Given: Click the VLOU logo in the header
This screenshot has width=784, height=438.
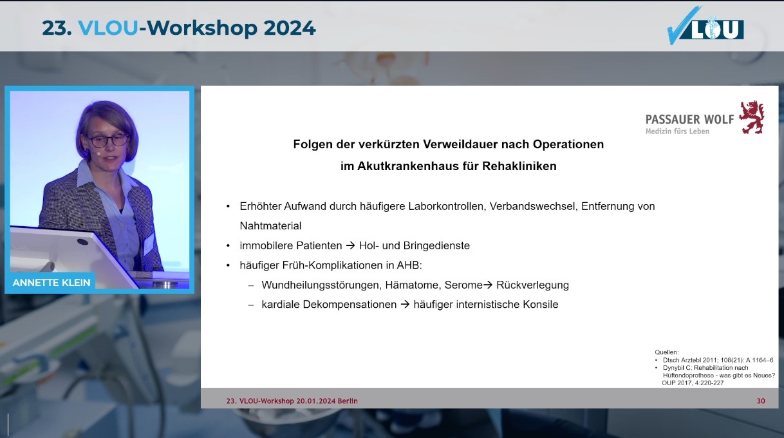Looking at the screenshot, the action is (x=705, y=26).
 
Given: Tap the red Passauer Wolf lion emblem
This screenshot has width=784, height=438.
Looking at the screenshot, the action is (x=752, y=117).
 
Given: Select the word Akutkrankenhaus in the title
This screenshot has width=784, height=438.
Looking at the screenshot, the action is (x=407, y=166).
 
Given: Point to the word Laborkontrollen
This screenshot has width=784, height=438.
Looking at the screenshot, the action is (x=447, y=206).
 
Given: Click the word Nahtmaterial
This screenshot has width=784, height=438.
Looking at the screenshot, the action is (x=270, y=226).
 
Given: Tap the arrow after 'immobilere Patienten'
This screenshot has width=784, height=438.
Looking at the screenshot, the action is (x=350, y=245).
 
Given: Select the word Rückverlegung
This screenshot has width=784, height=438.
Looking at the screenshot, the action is (x=532, y=285).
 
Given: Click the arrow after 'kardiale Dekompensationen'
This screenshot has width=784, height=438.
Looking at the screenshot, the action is (x=405, y=304).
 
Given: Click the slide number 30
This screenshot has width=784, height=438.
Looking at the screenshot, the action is (x=761, y=401).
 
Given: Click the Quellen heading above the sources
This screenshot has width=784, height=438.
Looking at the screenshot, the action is (x=666, y=352).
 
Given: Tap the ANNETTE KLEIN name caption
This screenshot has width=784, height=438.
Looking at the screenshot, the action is (x=51, y=283).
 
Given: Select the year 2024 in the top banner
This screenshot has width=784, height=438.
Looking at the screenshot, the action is (x=290, y=28).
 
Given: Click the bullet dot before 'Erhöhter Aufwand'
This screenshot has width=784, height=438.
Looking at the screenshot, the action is (x=229, y=207).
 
